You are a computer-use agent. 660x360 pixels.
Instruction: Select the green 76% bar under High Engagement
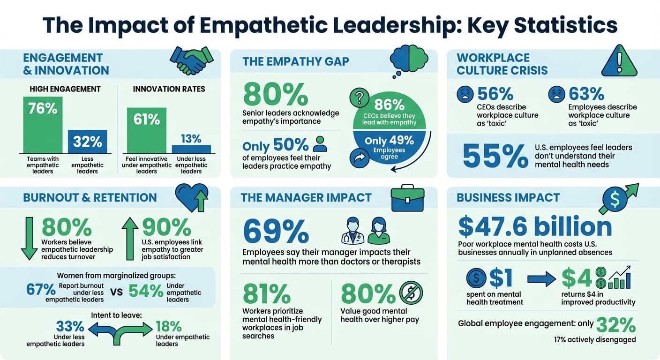pos(43,125)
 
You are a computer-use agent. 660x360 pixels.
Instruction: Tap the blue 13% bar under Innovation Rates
pos(191,149)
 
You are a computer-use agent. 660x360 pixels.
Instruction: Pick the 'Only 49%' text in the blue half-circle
pos(389,140)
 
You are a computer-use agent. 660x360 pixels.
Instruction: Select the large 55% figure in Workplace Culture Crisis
pos(495,156)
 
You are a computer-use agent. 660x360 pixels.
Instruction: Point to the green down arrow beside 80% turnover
pos(30,238)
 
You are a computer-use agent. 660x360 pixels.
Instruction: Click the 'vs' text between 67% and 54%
pos(116,291)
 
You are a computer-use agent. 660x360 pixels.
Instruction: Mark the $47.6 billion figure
pos(535,227)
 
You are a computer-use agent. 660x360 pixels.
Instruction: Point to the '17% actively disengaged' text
pos(594,339)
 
